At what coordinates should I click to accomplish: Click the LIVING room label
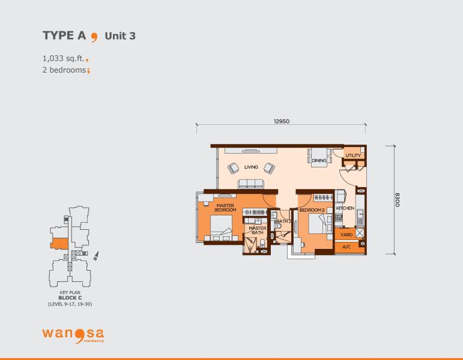pos(251,167)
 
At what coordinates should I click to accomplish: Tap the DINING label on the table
pos(319,161)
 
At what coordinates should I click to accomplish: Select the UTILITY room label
pos(353,155)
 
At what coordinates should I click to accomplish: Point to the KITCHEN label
pos(345,208)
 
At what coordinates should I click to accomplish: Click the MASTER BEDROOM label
pos(225,208)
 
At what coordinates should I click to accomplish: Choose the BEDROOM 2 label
pos(312,210)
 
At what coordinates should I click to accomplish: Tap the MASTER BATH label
pos(258,230)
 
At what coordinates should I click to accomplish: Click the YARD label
pos(346,235)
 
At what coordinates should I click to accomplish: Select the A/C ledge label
pos(346,247)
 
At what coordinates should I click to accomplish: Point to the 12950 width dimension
pos(282,121)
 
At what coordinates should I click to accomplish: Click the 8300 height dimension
pos(398,200)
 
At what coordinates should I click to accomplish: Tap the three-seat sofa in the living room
pos(251,184)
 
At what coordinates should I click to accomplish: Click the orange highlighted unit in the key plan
pos(59,244)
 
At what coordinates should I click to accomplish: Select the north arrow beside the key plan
pos(96,256)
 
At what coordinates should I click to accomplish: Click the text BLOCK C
pos(70,298)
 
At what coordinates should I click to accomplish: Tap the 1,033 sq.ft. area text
pos(64,58)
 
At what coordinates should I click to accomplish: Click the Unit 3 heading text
pos(120,36)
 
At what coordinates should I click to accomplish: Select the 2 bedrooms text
pos(64,70)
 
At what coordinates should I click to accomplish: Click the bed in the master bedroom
pos(222,228)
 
